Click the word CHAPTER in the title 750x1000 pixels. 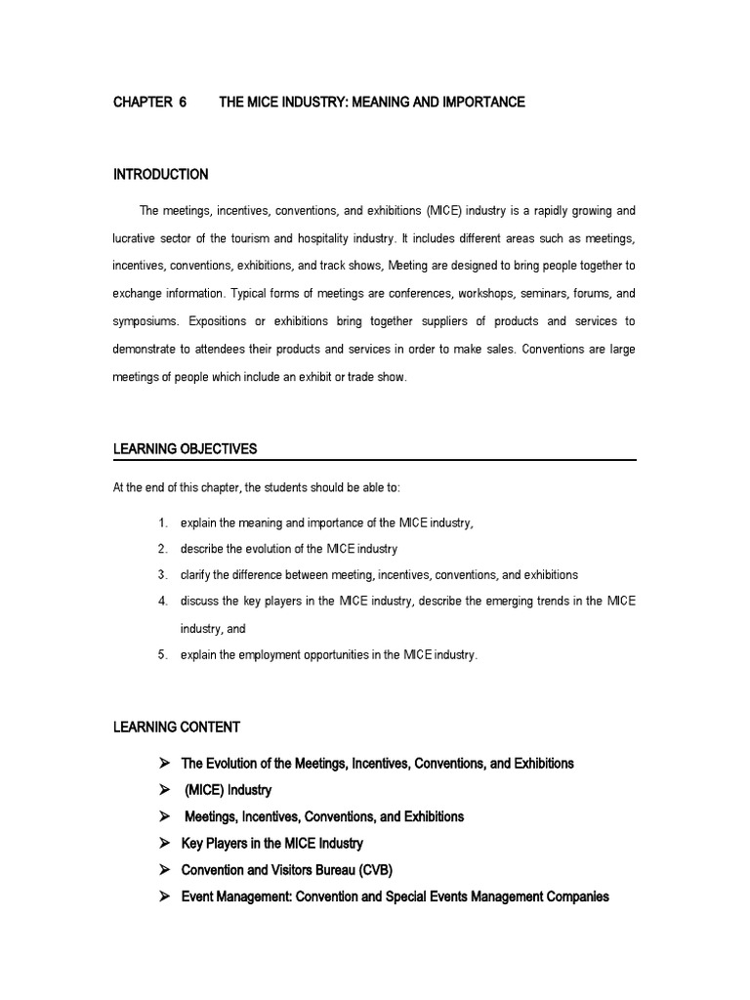point(141,102)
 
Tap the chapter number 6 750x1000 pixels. point(183,102)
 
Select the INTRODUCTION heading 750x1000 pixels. point(161,175)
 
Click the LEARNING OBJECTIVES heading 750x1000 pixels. point(185,448)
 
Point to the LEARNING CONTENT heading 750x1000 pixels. point(176,727)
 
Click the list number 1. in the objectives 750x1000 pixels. point(163,523)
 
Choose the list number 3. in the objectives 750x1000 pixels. point(163,575)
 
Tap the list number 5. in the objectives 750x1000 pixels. point(163,655)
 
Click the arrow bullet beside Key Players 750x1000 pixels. point(164,842)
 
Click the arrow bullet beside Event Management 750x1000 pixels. point(164,896)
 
